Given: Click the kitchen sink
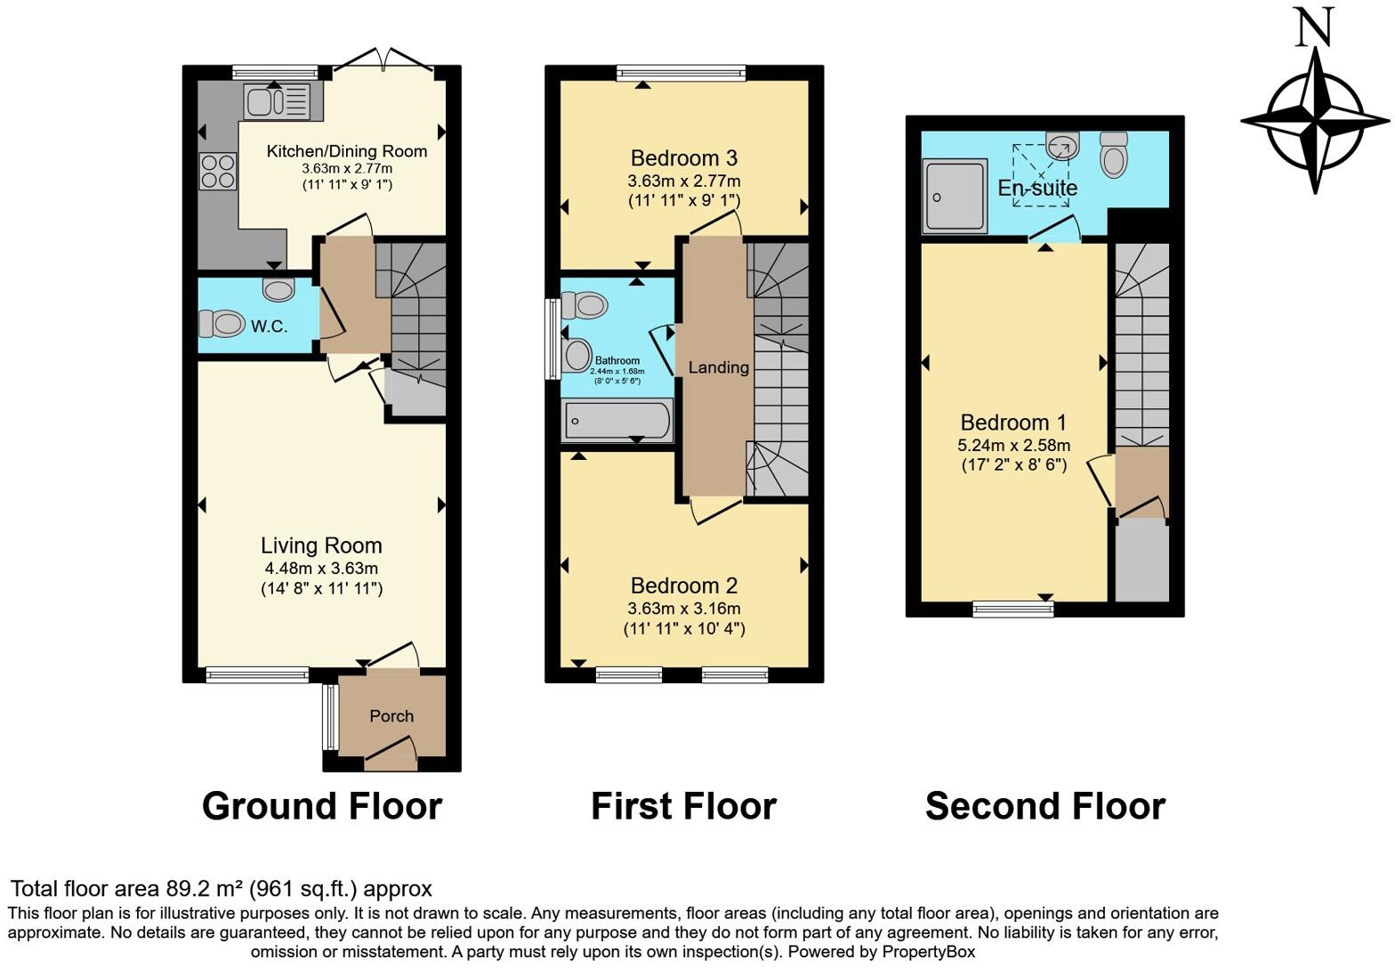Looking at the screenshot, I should [276, 101].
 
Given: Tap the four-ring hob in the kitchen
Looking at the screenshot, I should [218, 172].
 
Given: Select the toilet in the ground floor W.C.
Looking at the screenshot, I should [221, 323].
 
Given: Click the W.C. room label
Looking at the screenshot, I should [269, 327].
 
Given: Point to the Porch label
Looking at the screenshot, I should [391, 716].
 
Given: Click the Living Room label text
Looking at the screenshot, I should [321, 545].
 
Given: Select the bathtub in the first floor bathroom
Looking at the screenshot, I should [617, 420].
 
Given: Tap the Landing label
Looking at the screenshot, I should [718, 367].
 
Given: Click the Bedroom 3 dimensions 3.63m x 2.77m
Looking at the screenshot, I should [683, 181].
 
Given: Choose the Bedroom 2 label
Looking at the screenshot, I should [683, 585].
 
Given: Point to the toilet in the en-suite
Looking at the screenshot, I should [1114, 156].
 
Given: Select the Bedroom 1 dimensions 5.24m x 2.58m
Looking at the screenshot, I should [1014, 445].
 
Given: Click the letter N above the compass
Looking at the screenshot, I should [1314, 27].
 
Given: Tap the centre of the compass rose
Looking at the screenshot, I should [1315, 121].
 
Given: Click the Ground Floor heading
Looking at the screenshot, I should [321, 806].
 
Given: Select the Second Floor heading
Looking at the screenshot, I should [1044, 806].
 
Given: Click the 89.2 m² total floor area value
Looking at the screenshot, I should [205, 889].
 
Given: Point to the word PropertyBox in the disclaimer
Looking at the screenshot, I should [928, 952].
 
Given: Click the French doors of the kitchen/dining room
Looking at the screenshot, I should [383, 62].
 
